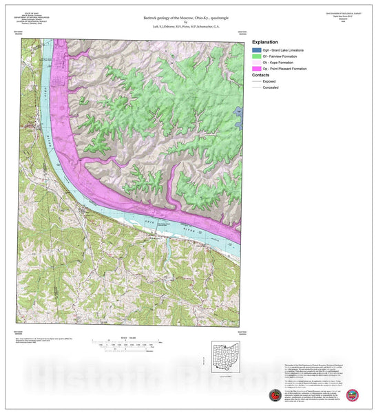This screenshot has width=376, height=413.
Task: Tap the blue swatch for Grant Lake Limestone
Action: (x=258, y=52)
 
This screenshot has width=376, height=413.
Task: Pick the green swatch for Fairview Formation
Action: (x=258, y=60)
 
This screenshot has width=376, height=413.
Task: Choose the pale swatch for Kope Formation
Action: (x=258, y=68)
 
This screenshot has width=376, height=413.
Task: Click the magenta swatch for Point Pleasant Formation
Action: (x=258, y=76)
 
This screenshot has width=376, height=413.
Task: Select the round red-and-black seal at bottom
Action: (x=275, y=396)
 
